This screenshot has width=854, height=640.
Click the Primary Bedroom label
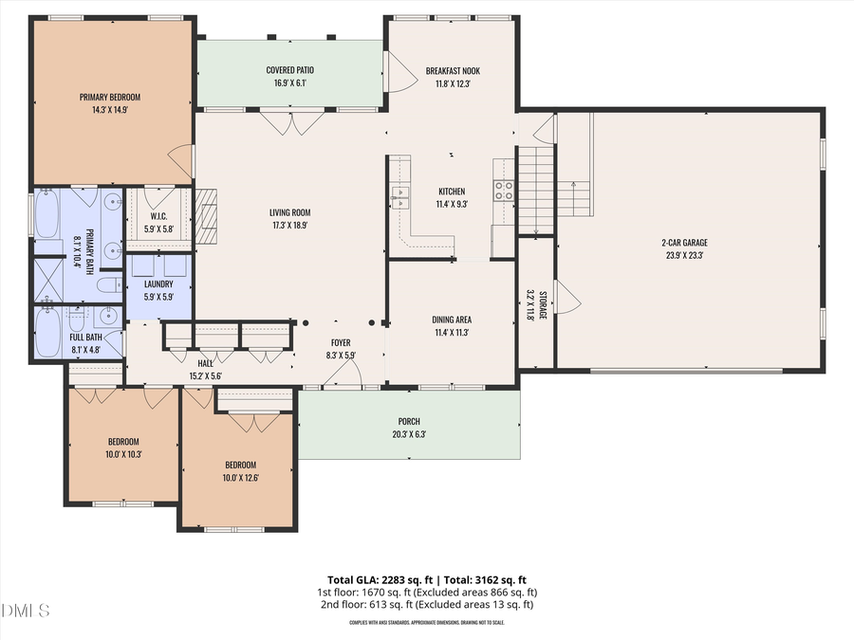(x=110, y=98)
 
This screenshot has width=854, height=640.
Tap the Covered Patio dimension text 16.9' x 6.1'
(x=289, y=83)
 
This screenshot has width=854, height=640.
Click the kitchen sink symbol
(x=400, y=197)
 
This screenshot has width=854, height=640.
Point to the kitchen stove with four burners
(x=503, y=191)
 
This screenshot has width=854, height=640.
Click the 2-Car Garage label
(x=688, y=243)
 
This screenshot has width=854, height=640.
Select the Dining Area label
(x=452, y=320)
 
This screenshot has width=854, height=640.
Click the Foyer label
(x=341, y=342)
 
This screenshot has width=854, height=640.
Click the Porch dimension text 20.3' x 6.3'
(x=409, y=435)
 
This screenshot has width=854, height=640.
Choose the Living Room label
(x=289, y=212)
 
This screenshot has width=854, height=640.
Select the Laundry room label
(x=158, y=283)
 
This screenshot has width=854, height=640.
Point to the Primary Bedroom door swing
(x=180, y=161)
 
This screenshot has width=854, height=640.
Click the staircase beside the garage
(x=535, y=190)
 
